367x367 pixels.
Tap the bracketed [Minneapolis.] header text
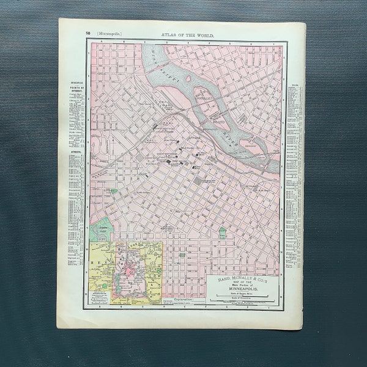tap(108, 35)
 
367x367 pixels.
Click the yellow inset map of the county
tap(125, 272)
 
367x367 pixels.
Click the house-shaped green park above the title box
tap(223, 233)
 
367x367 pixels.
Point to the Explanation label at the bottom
tap(183, 300)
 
